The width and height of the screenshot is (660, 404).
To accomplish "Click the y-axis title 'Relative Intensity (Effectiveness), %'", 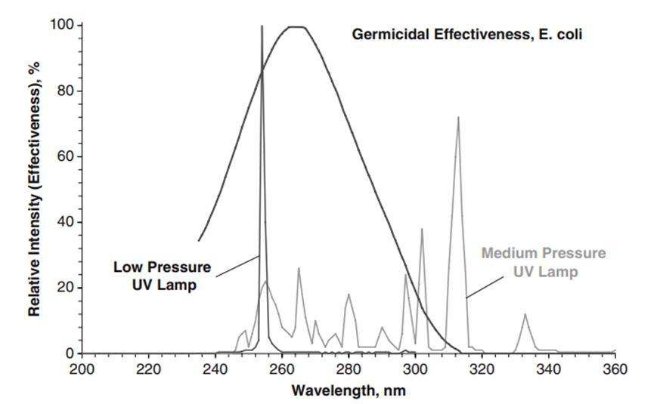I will click(x=35, y=189).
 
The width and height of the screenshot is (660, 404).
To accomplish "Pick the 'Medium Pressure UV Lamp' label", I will click(x=544, y=262).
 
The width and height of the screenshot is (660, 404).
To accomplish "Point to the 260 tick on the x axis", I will click(x=282, y=353).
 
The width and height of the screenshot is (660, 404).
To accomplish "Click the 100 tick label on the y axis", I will click(x=62, y=25).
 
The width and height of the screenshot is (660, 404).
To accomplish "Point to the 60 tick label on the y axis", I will click(x=65, y=156).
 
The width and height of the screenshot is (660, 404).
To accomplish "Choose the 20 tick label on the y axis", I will click(x=65, y=288).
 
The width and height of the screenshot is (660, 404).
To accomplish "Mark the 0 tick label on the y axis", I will click(x=69, y=353).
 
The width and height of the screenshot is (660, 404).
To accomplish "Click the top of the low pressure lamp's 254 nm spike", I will click(x=262, y=26).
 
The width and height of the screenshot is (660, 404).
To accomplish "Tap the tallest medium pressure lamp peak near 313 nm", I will click(x=458, y=117).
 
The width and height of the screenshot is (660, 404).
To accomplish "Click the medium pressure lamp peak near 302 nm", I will click(x=422, y=229).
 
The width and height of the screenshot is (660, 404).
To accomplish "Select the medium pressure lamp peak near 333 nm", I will click(x=525, y=314).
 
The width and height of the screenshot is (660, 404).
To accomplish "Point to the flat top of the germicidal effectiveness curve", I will click(x=295, y=27).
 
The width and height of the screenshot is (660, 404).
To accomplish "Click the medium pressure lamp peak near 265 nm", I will click(x=299, y=268).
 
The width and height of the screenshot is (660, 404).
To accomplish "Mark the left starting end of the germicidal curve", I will click(x=199, y=241).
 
